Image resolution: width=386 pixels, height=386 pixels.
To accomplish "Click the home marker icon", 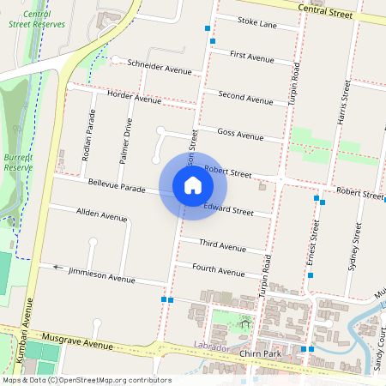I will (x=193, y=184).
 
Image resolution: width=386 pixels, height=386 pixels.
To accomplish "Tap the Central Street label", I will (x=324, y=11).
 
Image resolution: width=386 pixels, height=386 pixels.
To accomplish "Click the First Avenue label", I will (x=251, y=57).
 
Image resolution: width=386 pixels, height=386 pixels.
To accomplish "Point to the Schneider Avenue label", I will (x=159, y=66).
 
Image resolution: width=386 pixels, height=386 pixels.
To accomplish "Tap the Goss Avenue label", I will (x=240, y=134).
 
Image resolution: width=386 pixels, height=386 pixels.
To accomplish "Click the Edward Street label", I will (x=229, y=209).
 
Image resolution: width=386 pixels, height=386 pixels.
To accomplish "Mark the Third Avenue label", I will (x=222, y=245).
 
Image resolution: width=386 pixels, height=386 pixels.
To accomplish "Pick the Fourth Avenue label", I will (x=218, y=270).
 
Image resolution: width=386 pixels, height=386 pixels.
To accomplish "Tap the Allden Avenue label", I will (x=101, y=214).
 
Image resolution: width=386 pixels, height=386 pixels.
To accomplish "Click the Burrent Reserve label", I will (x=16, y=163).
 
